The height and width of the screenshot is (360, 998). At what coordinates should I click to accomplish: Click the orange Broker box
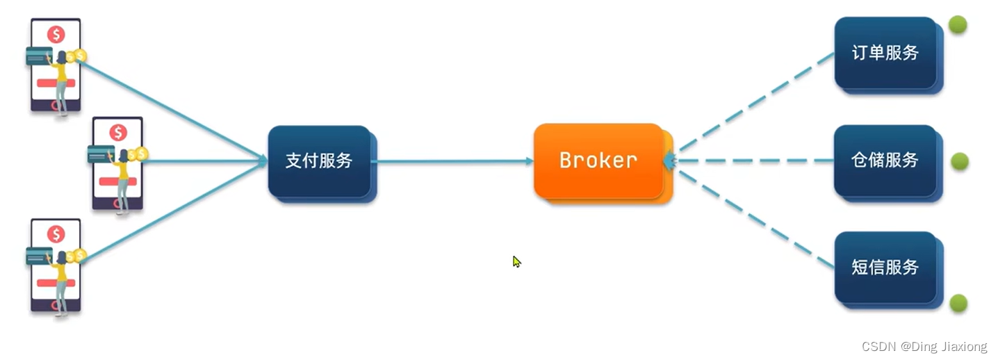point(598,161)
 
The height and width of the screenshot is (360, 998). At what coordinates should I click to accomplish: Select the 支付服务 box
point(319,161)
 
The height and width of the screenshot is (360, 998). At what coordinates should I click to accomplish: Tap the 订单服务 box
point(885,53)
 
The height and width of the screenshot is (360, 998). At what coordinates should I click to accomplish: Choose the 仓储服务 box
point(885,161)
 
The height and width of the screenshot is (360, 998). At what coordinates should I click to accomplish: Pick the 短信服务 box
point(885,268)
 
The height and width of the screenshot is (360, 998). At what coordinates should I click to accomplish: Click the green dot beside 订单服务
point(958,25)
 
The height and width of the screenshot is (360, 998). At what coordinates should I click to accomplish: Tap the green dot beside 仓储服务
point(959,161)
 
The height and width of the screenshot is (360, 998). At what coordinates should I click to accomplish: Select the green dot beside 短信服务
point(958,303)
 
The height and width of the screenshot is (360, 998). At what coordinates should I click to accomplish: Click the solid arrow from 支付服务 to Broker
point(452,161)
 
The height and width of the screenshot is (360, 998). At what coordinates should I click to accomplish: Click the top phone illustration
point(56,66)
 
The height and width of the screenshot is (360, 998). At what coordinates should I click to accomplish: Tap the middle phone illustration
point(117,164)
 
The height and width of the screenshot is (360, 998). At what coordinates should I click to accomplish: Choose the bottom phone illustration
point(56,266)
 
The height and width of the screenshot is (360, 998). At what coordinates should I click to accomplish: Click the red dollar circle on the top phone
point(56,34)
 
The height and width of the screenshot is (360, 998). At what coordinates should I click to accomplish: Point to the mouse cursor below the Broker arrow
point(516,262)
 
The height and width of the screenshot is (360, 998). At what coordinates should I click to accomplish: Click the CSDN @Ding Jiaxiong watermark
point(924,347)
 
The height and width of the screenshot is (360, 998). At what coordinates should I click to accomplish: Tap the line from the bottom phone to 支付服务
point(174,211)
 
